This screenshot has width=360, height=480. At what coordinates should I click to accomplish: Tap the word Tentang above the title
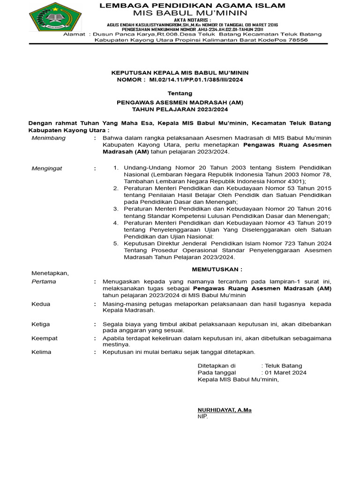pos(180,93)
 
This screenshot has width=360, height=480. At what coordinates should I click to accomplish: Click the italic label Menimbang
pos(48,138)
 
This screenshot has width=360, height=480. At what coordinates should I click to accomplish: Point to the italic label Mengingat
pos(46,168)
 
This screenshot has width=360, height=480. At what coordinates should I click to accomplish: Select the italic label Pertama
pos(44,282)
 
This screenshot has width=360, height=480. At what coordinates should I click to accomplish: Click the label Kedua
pos(41,304)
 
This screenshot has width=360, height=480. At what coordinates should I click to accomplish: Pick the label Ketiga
pos(41,324)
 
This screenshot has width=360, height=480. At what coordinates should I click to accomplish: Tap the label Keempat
pos(44,338)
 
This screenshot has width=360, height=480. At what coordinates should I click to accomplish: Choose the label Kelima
pos(41,352)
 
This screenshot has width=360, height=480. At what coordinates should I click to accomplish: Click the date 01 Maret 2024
pos(286,373)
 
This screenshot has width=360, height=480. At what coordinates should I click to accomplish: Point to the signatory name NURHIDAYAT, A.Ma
pos(225,410)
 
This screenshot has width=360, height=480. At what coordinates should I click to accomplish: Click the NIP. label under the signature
pos(202,416)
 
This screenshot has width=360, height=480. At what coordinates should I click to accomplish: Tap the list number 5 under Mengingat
pos(116,244)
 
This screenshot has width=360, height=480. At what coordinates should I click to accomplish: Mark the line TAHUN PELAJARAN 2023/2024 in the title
pos(180,109)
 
